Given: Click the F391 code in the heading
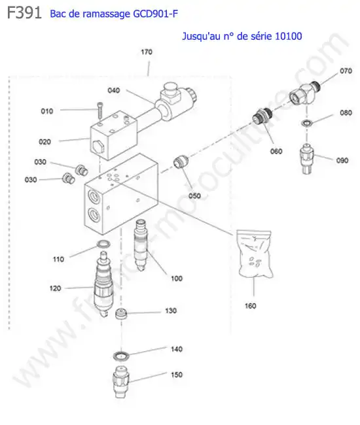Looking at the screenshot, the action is coord(24,12).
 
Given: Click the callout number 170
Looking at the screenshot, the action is coord(147,52).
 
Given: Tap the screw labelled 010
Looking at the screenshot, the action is coord(100,110).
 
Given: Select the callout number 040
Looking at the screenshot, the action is coord(114,90).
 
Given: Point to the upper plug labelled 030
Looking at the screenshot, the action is coord(82,170).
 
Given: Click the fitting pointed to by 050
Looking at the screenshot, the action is coord(181,162).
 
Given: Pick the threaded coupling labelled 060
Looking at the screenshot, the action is coord(262,116).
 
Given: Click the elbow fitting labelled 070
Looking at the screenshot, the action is coord(304,93).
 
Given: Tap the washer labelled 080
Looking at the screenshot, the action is coord(307,123).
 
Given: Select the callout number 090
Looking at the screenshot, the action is coord(342,160).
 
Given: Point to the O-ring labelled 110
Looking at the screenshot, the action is coord(103,244).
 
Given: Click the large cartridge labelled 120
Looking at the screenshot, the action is coord(103,284).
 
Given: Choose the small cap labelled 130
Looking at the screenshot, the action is coord(120,314).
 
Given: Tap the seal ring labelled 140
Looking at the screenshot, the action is coord(120,356).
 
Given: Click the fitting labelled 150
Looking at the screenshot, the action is coord(120,381).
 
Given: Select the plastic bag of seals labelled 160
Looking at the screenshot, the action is coord(255,253).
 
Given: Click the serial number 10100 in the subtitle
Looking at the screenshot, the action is coord(288,36).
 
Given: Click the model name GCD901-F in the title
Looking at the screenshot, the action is coord(155,14).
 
